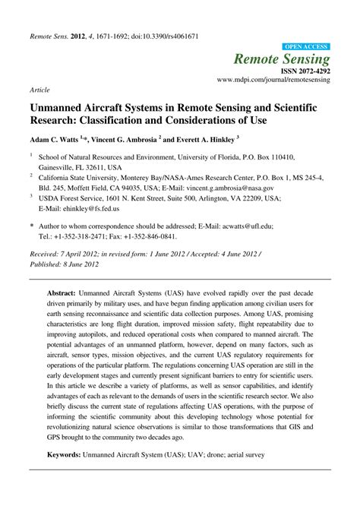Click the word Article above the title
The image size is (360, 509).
point(39,89)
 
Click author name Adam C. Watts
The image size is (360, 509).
point(58,141)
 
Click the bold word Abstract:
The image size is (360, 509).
point(63,292)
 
